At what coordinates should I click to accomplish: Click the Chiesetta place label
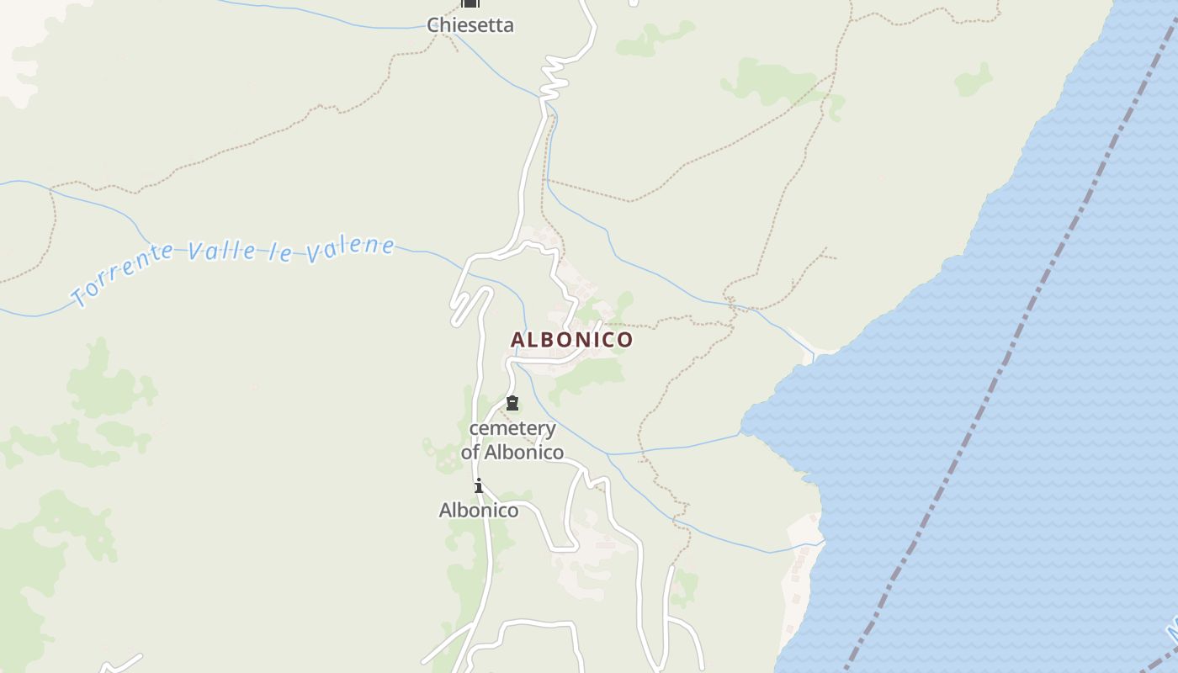pos(470,25)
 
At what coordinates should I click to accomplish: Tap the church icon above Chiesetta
pos(470,3)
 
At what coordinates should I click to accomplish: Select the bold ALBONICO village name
pos(571,340)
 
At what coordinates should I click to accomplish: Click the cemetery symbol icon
pos(512,403)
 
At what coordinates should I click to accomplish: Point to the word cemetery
pos(512,429)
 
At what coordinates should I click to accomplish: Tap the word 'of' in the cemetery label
pos(470,453)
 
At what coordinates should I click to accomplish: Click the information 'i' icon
pos(478,486)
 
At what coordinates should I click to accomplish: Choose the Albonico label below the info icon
pos(479,510)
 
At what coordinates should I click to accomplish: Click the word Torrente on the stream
pos(122,273)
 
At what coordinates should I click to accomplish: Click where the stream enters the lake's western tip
pos(741,434)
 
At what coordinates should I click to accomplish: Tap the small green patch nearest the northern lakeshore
pos(973,79)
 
